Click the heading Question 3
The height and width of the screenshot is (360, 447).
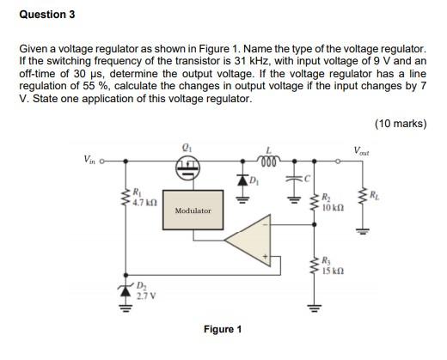point(47,15)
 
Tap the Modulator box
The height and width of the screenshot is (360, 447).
point(193,211)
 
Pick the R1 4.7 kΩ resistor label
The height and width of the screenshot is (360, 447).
point(143,198)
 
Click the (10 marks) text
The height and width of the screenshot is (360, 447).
point(400,124)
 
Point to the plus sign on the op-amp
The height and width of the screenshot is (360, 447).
point(265,254)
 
